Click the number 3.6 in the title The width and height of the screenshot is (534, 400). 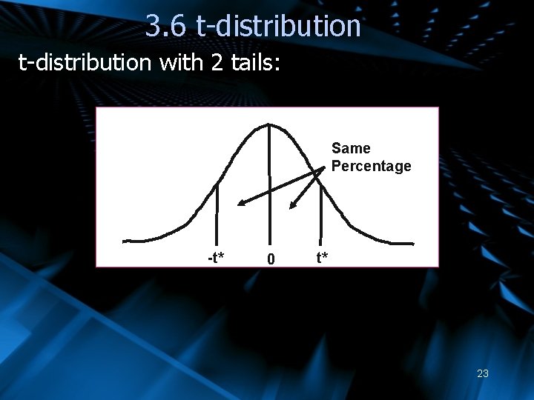tap(166, 26)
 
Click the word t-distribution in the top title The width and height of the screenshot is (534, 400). tap(278, 26)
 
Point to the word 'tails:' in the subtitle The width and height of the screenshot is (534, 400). tap(254, 63)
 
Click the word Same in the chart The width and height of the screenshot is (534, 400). tap(351, 149)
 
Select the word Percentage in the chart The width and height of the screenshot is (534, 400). tap(371, 166)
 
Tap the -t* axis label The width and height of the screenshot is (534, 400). tap(216, 258)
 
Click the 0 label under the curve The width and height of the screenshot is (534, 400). tap(271, 259)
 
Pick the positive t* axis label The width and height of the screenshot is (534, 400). tap(323, 258)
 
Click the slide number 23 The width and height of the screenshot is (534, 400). tap(482, 373)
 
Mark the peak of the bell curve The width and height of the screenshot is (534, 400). tap(268, 125)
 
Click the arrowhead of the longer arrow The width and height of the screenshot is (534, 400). tap(240, 204)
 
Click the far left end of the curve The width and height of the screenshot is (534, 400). tap(125, 241)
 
